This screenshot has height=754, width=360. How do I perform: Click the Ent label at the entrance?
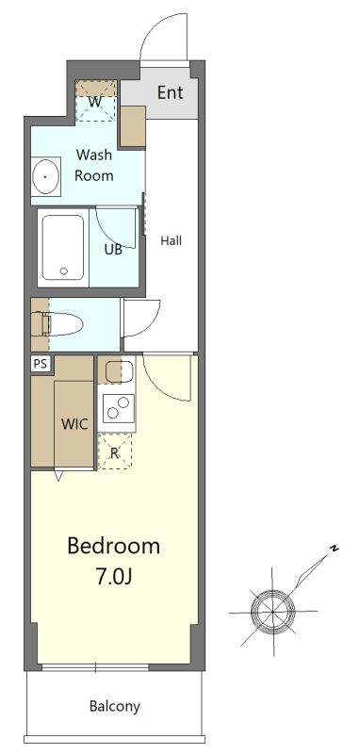click(171, 91)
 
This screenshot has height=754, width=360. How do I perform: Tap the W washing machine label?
click(95, 102)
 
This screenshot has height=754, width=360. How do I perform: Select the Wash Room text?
click(94, 165)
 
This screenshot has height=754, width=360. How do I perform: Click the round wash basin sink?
click(45, 176)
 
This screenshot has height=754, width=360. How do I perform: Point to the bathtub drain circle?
click(64, 270)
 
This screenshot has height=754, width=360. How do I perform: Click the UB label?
click(113, 250)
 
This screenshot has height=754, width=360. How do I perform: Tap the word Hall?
click(172, 240)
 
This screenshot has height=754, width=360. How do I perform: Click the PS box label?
click(41, 364)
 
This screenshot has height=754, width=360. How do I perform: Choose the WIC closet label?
click(74, 424)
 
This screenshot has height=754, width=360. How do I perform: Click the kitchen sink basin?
click(115, 371)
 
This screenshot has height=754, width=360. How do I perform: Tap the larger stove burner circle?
click(123, 402)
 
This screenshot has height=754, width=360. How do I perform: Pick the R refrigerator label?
click(114, 452)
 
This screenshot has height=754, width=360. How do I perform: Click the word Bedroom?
click(113, 547)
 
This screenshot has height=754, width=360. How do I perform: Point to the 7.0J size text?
click(114, 577)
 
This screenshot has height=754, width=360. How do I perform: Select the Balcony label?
click(115, 706)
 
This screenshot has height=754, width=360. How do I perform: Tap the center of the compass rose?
click(272, 612)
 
